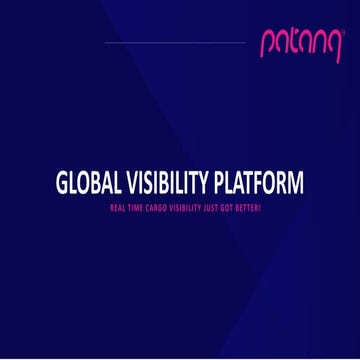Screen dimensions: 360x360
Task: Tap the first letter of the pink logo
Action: (x=266, y=46)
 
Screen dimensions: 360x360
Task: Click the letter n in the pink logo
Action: (x=306, y=44)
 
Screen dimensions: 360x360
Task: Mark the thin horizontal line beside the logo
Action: (x=174, y=43)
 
